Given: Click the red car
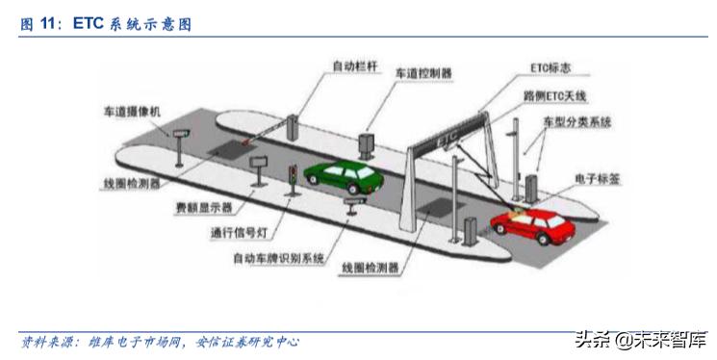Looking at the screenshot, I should pyautogui.click(x=531, y=226).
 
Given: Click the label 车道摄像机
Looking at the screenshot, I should pyautogui.click(x=134, y=112).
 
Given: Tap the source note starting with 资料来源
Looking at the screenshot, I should pyautogui.click(x=160, y=342).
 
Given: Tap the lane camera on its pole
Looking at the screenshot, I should pyautogui.click(x=182, y=131).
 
